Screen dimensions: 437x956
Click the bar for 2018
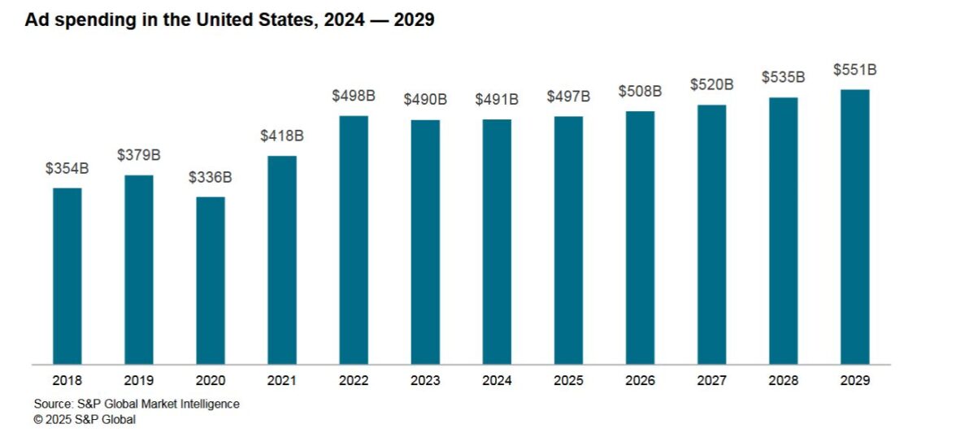pos(67,276)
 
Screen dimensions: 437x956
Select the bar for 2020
pos(211,280)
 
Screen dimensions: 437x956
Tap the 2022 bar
pos(354,240)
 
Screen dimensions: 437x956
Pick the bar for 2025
pos(568,240)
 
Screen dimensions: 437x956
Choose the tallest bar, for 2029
pos(854,227)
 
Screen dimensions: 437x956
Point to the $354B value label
pos(67,169)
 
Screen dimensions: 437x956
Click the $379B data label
pos(139,155)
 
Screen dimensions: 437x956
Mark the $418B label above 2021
pos(282,136)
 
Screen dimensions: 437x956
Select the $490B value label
pos(425,100)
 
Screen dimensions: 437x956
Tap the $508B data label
pos(640,91)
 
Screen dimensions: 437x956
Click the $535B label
pos(783,77)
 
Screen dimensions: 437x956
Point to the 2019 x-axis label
pos(139,380)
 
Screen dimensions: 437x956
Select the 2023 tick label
pos(425,380)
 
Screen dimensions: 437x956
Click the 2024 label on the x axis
pos(497,380)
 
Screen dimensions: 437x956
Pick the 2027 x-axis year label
pos(711,380)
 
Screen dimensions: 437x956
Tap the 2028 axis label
pos(783,380)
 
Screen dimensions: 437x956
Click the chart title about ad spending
pos(229,21)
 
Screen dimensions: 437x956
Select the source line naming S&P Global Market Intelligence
pos(137,404)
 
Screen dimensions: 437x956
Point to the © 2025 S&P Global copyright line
pos(85,420)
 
